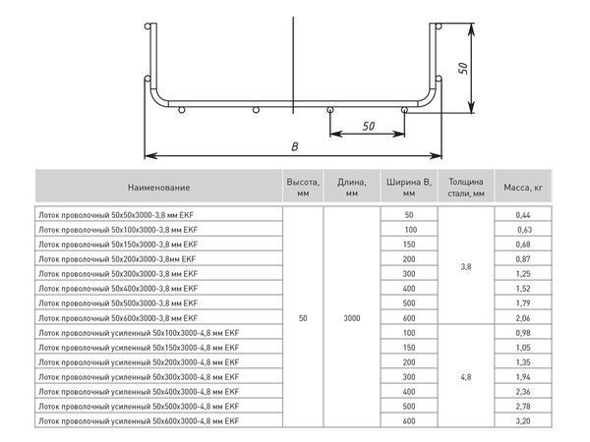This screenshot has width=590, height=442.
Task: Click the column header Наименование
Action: tap(158, 186)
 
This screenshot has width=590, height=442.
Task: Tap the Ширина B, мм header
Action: tap(409, 186)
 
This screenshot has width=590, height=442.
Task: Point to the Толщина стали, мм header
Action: tap(465, 186)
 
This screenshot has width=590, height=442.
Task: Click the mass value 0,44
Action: tap(522, 214)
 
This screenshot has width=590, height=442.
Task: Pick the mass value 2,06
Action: tap(522, 319)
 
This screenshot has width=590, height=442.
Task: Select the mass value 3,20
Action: tap(522, 421)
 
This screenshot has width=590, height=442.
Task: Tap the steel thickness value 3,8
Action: tap(465, 266)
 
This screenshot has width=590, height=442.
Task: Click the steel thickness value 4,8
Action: tap(465, 377)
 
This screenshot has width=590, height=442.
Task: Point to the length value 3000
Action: tap(353, 319)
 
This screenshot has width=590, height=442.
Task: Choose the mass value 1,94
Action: tap(522, 377)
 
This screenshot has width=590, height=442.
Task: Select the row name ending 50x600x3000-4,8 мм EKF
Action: tap(138, 421)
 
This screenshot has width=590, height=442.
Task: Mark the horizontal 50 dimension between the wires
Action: tap(369, 127)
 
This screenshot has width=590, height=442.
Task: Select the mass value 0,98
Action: tap(522, 334)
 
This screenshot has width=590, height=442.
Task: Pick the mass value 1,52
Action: tap(522, 290)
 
